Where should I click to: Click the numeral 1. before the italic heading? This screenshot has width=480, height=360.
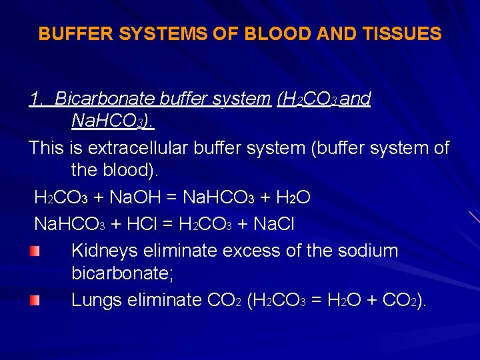point(38,99)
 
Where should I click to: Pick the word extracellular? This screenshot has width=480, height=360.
point(177,147)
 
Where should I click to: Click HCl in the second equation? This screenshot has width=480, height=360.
point(141,225)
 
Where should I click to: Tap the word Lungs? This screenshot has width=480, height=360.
point(94,300)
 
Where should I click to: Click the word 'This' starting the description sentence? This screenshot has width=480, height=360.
point(45,147)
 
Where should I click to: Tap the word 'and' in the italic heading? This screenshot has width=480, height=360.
point(359,99)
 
